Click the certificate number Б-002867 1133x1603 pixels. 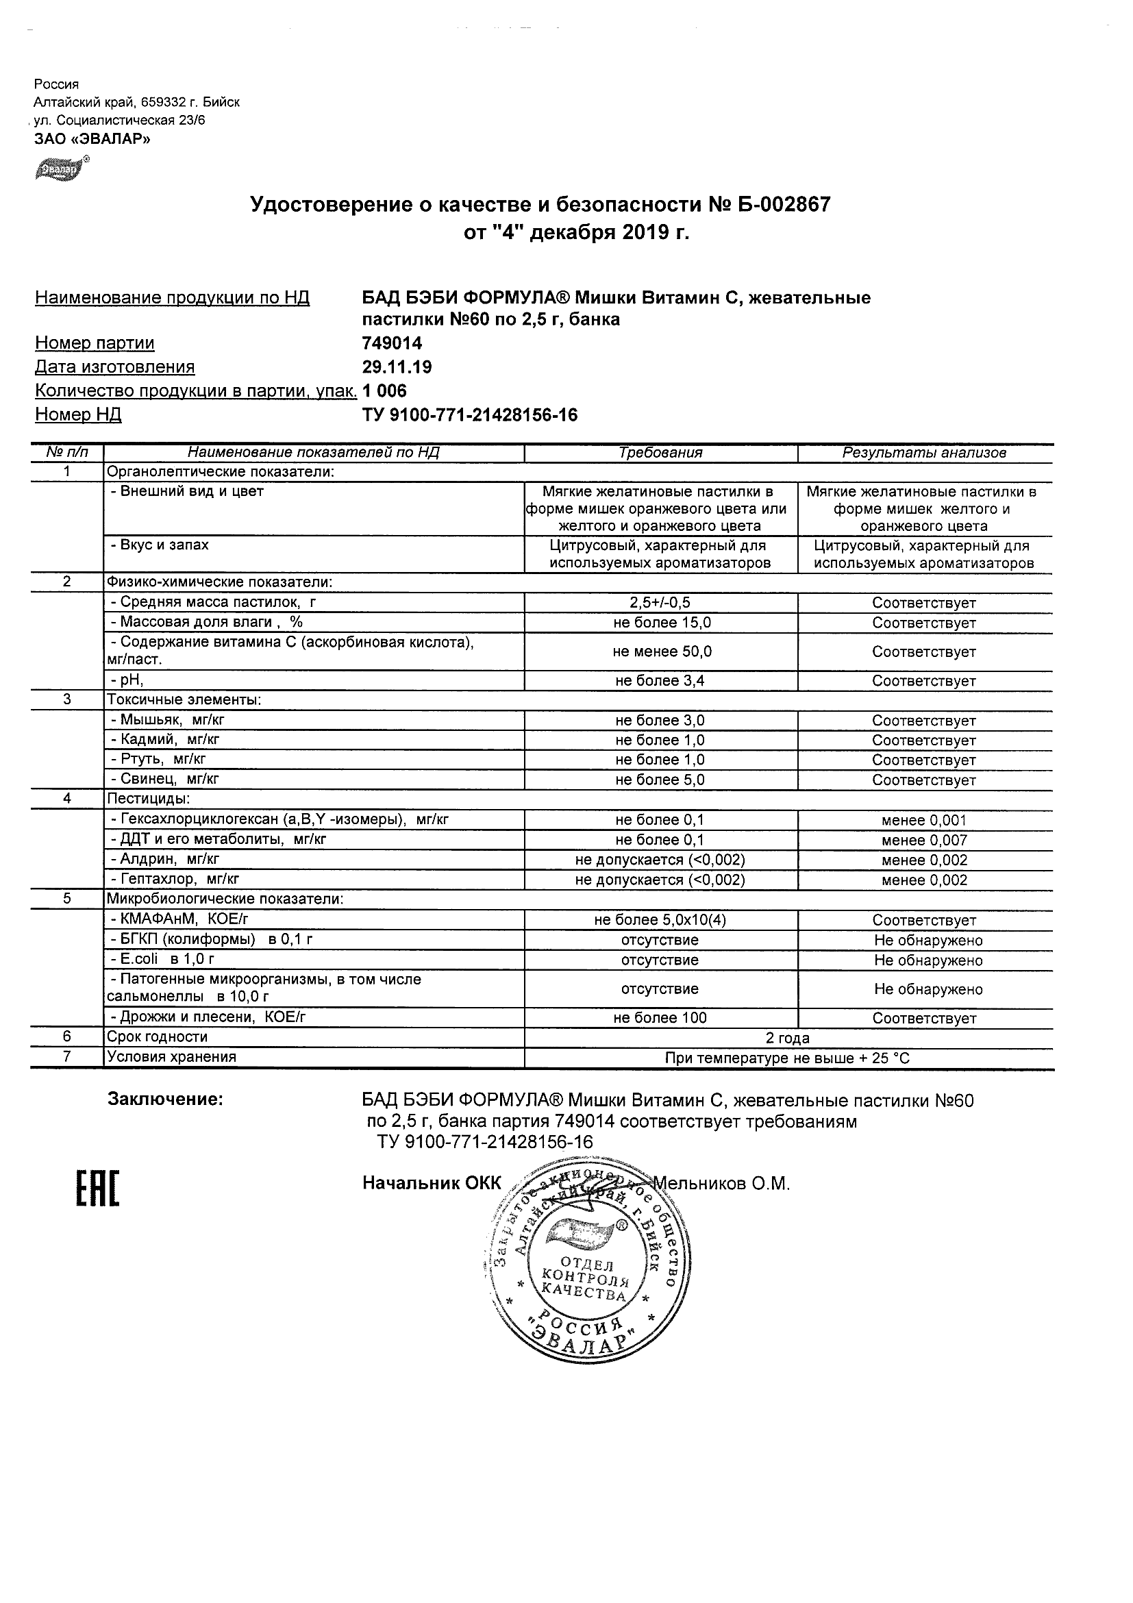tap(780, 205)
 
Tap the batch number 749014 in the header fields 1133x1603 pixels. tap(392, 343)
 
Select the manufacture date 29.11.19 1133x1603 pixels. tap(397, 367)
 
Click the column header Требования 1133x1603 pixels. tap(660, 452)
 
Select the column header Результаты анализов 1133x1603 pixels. tap(924, 452)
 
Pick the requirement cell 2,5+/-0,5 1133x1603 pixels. tap(660, 603)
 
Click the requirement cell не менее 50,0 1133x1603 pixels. tap(660, 651)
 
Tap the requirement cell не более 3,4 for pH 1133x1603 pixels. tap(660, 681)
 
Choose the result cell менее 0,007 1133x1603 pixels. tap(924, 840)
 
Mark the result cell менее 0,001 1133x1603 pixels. tap(924, 821)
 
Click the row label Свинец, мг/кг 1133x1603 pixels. tap(165, 779)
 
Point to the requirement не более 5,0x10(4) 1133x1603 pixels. tap(660, 920)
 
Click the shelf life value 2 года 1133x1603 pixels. tap(788, 1037)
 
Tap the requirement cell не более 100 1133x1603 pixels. tap(660, 1018)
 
